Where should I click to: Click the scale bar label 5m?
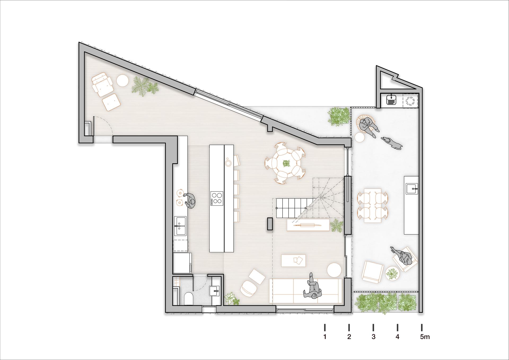[x=425, y=337]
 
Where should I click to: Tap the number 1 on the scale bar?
[x=325, y=337]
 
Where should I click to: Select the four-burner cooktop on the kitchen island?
[x=217, y=198]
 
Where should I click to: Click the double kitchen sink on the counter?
[x=180, y=225]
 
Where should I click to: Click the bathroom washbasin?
[x=214, y=291]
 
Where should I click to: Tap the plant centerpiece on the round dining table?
[x=286, y=163]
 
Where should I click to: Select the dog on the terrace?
[x=392, y=142]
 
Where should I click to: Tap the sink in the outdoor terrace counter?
[x=412, y=189]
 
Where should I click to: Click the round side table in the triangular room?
[x=123, y=80]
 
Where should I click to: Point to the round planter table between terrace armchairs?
[x=392, y=273]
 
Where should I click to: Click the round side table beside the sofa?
[x=334, y=270]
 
